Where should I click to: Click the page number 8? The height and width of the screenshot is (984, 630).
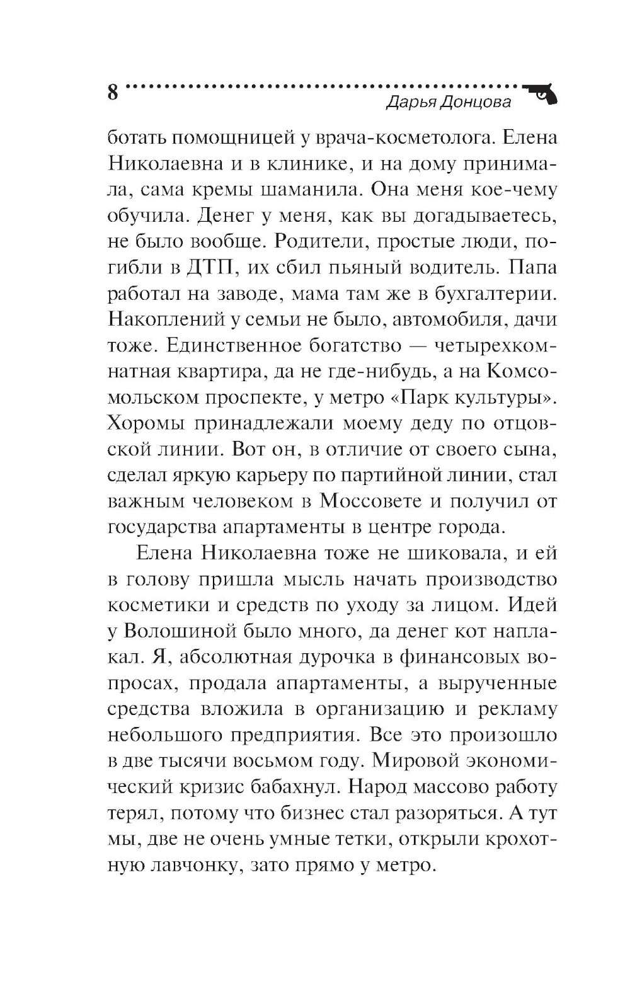pyautogui.click(x=113, y=92)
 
